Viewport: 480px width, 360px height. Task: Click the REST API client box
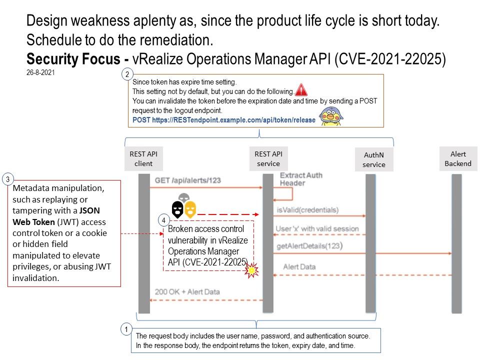143,159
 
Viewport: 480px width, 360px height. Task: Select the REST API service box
268,159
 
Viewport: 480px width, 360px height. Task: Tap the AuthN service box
374,160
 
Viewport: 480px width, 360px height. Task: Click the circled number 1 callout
127,329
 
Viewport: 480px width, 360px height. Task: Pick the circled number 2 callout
127,75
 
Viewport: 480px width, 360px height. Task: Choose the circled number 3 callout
7,178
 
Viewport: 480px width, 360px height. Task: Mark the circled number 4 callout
163,219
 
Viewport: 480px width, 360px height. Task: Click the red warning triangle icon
301,90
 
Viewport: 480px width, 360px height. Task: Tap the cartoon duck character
328,115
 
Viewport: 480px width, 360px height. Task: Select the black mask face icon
177,209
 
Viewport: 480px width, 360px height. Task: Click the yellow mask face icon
190,209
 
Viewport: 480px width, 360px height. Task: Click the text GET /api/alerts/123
187,180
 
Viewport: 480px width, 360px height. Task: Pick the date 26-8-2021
40,72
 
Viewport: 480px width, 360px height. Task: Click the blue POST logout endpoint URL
224,120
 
